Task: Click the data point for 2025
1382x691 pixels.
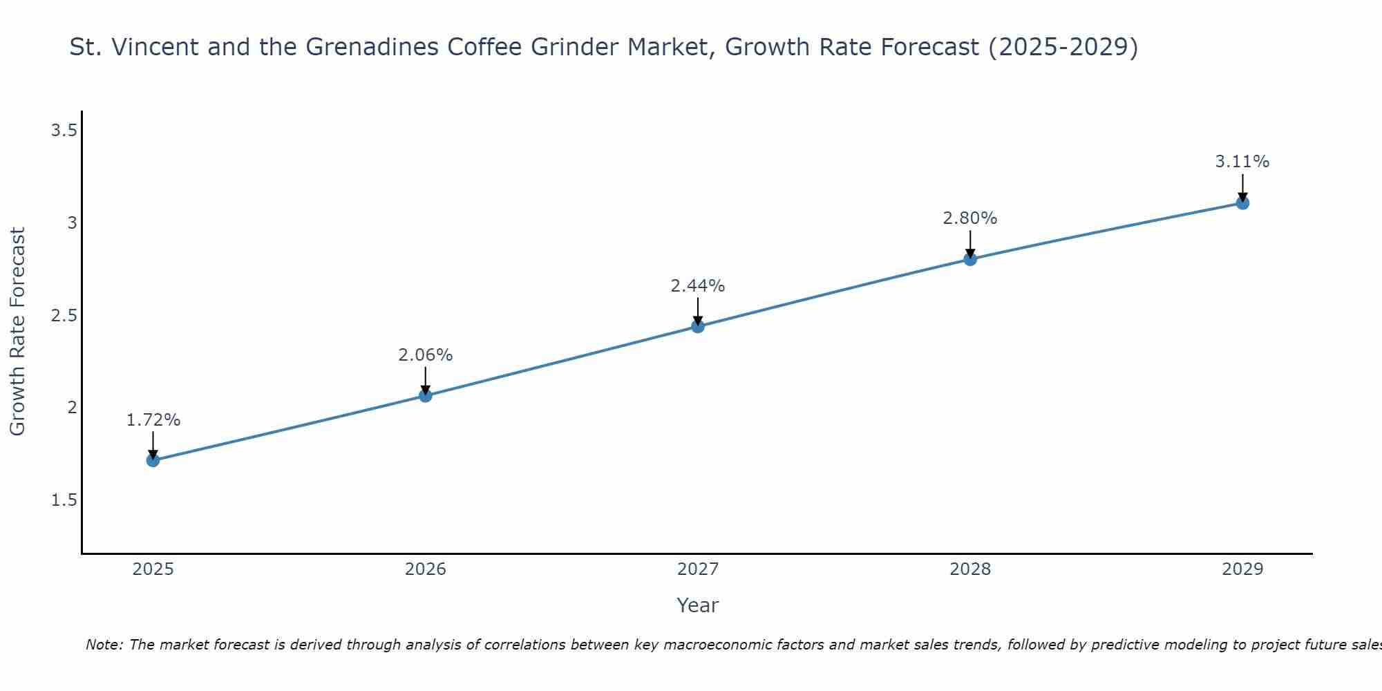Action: point(153,460)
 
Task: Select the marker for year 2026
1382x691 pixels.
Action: point(426,396)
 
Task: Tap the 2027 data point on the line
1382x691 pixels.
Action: point(698,326)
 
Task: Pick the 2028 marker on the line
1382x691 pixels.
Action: point(970,259)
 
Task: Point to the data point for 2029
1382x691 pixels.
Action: point(1242,203)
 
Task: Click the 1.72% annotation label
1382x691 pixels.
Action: point(153,420)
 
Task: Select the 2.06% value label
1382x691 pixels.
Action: point(426,355)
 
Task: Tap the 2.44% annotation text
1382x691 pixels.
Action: point(698,286)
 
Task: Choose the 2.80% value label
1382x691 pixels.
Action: point(970,218)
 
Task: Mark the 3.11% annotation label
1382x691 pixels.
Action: point(1242,162)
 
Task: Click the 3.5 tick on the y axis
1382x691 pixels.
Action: point(64,131)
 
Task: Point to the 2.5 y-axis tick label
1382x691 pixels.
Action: point(64,316)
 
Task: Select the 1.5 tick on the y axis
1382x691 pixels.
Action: point(64,500)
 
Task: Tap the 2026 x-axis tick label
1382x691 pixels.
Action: point(426,569)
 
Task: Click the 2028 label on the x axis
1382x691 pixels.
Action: point(970,569)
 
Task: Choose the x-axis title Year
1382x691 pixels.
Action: point(698,605)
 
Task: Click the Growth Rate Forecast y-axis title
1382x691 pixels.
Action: point(17,332)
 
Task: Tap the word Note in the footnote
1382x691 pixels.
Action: point(104,645)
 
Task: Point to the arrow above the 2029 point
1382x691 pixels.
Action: point(1242,187)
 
